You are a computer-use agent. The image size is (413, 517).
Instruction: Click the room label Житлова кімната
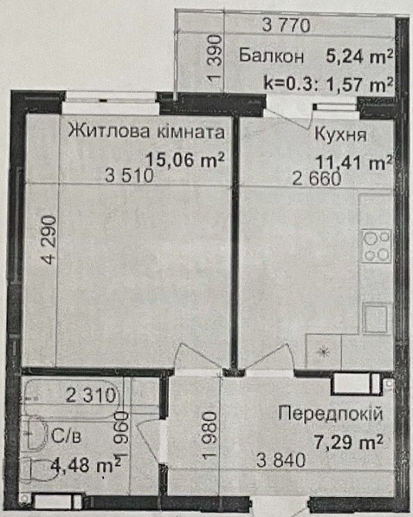coord(146,132)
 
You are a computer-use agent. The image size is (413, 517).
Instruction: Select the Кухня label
coord(340,136)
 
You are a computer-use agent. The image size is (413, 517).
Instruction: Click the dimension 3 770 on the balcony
coord(286,25)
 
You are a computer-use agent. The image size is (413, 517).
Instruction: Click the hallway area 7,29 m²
coord(348,441)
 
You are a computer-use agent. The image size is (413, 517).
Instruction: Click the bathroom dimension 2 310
coord(90,397)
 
